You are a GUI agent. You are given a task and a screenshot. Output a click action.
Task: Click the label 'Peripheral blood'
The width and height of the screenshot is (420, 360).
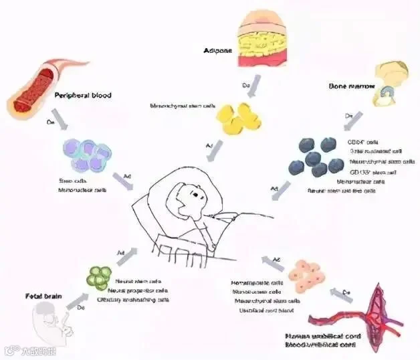(82, 96)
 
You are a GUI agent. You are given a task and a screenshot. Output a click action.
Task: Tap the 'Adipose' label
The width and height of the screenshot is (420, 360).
(219, 50)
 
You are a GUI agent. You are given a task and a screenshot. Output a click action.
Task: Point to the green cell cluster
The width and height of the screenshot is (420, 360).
(101, 277)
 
